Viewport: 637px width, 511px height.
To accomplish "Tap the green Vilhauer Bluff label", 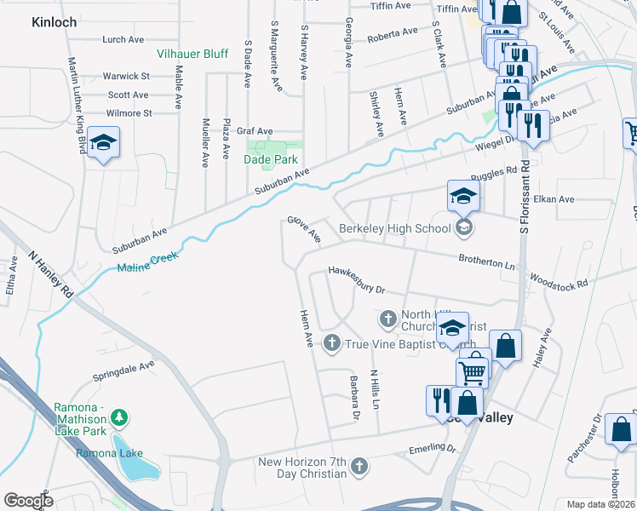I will pos(192,54).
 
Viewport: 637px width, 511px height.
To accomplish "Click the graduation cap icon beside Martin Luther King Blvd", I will pos(103,141).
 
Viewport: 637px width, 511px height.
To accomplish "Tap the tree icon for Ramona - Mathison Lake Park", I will pos(120,416).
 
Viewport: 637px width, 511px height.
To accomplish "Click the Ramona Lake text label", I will pos(109,453).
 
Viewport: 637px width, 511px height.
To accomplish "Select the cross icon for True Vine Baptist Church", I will pos(331,343).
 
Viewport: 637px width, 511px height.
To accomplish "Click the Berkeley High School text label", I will pos(394,228).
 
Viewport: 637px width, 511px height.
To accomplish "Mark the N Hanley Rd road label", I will pos(51,273).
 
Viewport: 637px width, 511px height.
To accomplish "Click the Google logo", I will pos(28,501).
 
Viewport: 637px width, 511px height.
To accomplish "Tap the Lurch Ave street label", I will pos(123,40).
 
